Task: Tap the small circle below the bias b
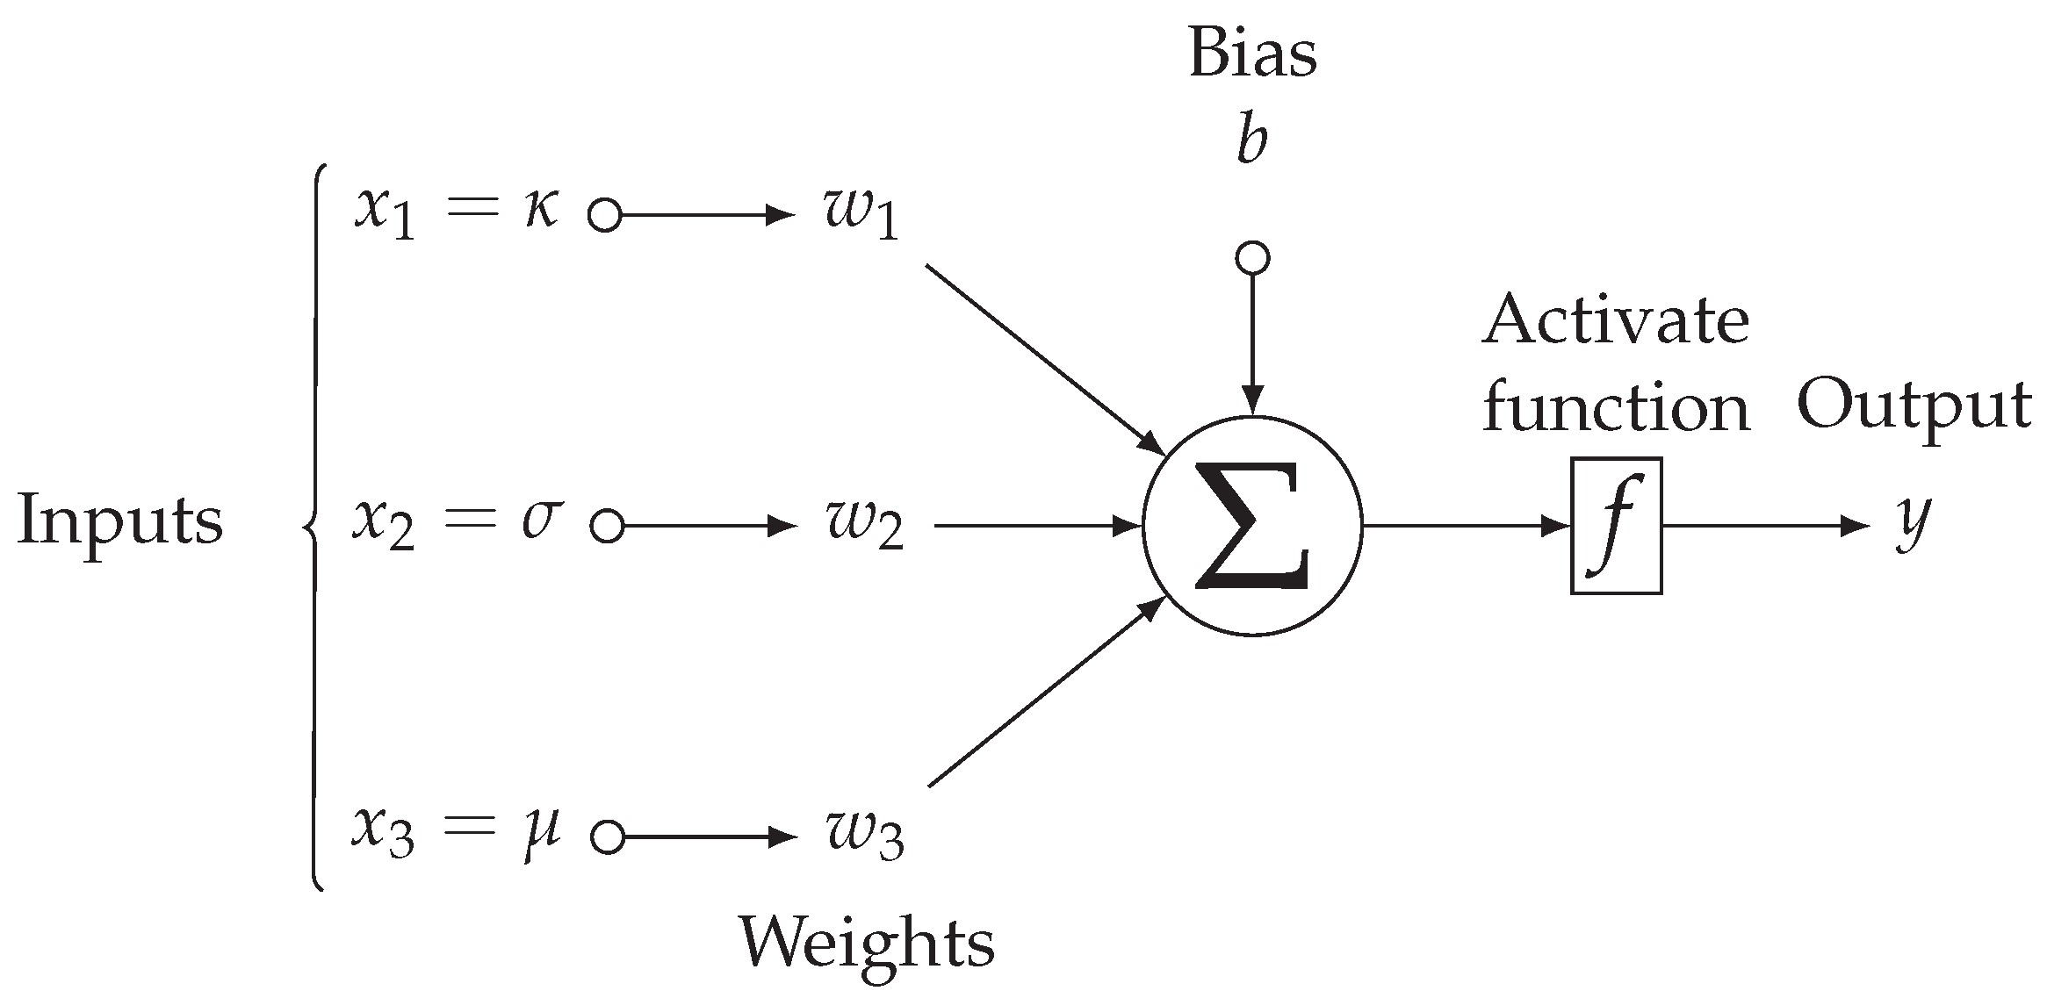point(1252,258)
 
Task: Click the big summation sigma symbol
point(1252,526)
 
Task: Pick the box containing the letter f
point(1616,526)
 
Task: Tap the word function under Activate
point(1616,408)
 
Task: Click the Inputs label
point(120,521)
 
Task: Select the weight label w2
point(864,528)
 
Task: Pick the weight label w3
point(864,836)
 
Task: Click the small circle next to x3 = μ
point(607,837)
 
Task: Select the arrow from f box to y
point(1765,527)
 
